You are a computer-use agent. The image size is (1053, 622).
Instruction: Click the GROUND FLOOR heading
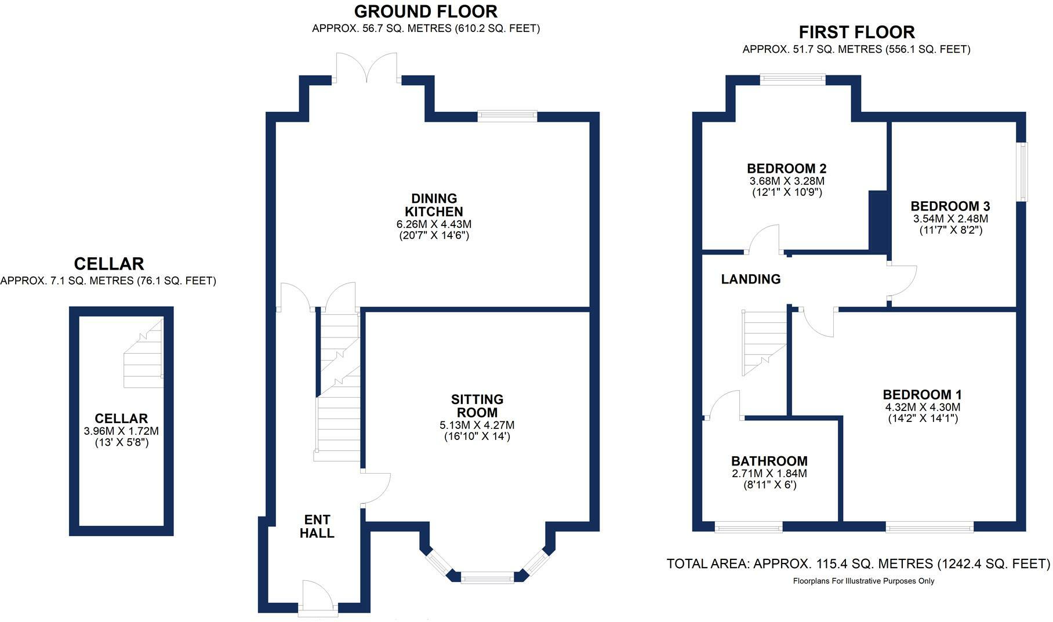click(x=426, y=12)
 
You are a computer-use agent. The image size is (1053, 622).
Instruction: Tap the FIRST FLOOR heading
click(x=856, y=32)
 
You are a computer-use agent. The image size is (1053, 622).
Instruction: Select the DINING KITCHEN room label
click(x=434, y=205)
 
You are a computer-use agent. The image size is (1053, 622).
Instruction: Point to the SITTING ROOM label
click(x=477, y=406)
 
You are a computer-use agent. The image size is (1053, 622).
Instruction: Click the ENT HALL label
click(x=317, y=526)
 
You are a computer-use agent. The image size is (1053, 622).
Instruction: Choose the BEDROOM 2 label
click(x=786, y=169)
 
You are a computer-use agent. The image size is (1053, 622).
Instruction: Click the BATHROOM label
click(x=769, y=461)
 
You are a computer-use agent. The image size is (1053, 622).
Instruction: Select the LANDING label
click(x=750, y=279)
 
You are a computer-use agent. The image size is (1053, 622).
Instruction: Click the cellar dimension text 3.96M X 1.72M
click(x=121, y=431)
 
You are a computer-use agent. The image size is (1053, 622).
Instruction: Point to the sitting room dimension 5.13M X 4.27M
click(x=477, y=425)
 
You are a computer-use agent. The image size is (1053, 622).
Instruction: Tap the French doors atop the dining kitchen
click(x=367, y=68)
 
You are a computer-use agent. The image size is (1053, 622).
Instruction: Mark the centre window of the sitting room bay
click(x=487, y=577)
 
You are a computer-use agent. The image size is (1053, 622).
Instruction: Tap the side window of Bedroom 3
click(x=1023, y=172)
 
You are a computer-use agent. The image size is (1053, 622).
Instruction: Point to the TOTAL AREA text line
click(x=858, y=563)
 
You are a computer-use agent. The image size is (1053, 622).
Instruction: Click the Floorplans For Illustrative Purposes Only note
click(x=863, y=581)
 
